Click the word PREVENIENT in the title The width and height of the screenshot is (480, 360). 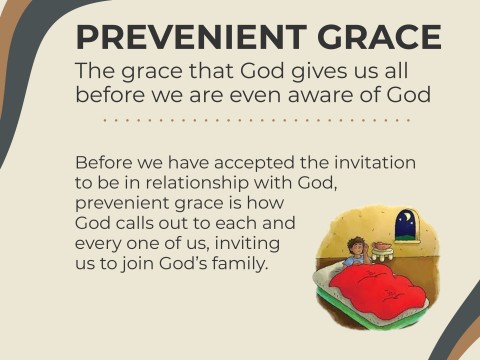176,36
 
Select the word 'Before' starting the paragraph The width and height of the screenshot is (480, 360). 101,163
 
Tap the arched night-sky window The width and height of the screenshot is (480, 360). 406,225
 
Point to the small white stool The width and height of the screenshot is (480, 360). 381,257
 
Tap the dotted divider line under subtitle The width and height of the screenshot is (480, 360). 258,119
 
